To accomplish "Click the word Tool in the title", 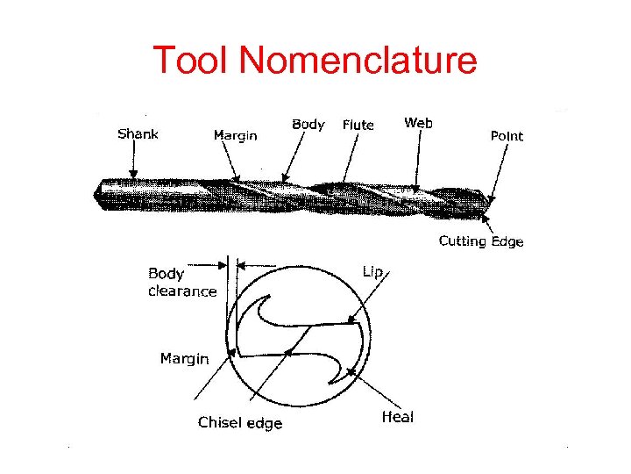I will (191, 60).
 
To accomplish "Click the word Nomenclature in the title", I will (358, 60).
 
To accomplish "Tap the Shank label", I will (138, 134).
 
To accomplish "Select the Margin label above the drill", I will (235, 135).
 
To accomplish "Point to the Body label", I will (308, 125).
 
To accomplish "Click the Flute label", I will (358, 126).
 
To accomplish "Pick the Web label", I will (418, 123).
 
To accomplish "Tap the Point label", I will (506, 136).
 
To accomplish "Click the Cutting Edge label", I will (481, 241).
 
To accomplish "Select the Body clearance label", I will (181, 283).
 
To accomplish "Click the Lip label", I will (372, 272).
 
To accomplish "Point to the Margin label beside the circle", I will (184, 358).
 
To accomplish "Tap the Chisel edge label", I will (240, 423).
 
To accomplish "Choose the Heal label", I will (397, 417).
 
